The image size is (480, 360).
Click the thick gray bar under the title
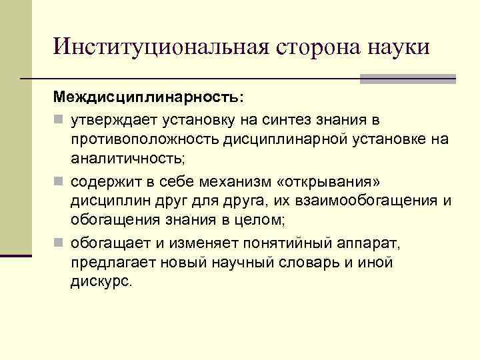[407, 78]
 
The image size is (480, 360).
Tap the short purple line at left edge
[16, 255]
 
